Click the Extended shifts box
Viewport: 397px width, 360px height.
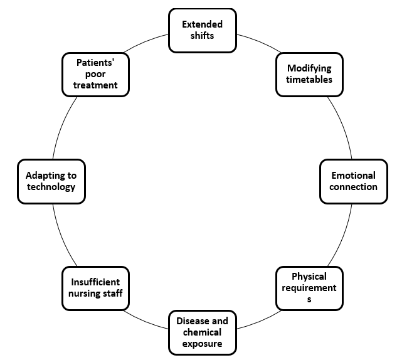[202, 30]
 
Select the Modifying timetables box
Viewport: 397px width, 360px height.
[309, 74]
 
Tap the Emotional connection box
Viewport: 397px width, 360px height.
[353, 181]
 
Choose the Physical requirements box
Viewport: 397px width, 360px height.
[309, 288]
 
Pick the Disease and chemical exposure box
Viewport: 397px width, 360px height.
[202, 332]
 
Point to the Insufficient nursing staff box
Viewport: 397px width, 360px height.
[95, 288]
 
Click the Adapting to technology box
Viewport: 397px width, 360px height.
[51, 181]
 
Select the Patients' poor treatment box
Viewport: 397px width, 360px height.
[95, 74]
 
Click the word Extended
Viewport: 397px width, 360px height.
[202, 24]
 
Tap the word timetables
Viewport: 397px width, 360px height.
[309, 80]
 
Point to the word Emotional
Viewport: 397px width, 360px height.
[354, 176]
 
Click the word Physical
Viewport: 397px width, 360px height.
[309, 277]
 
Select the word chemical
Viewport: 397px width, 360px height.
[202, 332]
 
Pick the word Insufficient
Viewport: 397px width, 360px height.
[95, 282]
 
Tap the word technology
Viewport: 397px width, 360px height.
[51, 187]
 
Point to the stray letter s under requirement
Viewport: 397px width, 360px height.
[309, 299]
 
